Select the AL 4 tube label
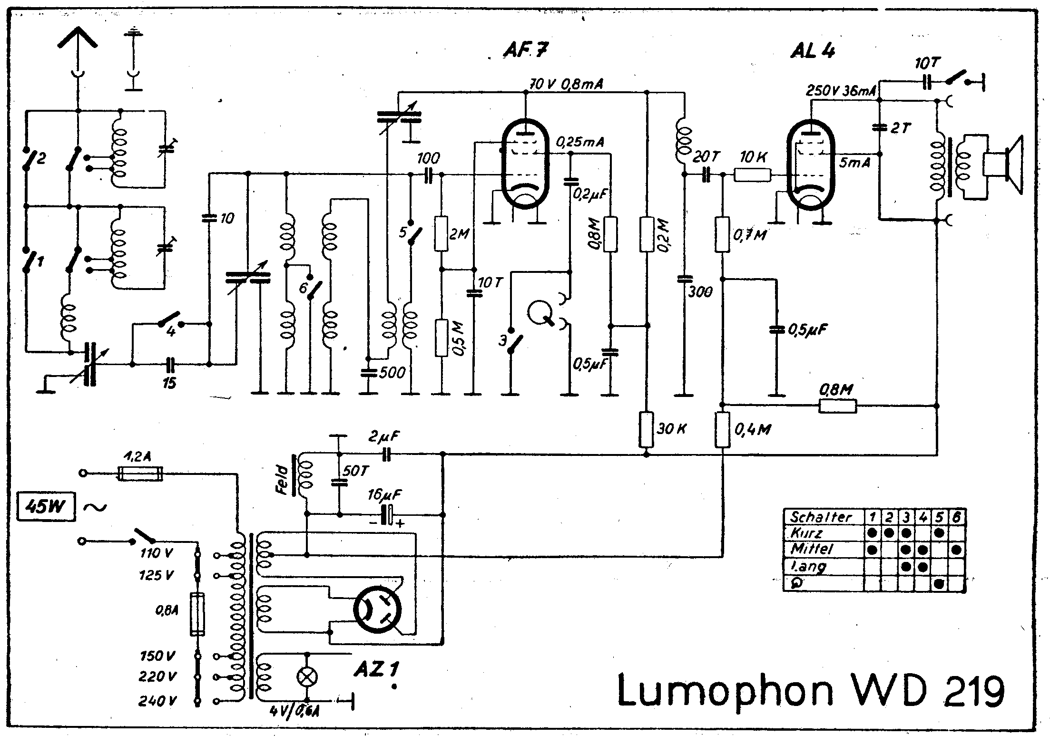coord(813,50)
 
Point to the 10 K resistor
coord(752,175)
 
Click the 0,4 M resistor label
coord(753,430)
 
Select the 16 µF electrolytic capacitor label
coord(384,495)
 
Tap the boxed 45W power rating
coord(46,507)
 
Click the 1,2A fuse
coord(140,473)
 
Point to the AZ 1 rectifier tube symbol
coord(377,609)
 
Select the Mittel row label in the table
coord(811,550)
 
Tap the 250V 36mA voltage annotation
coord(841,91)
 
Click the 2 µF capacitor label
coord(384,436)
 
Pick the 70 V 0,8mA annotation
coord(566,85)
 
